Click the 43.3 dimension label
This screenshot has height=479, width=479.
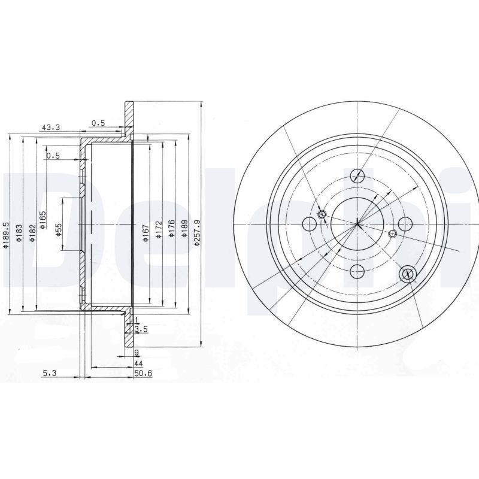50,127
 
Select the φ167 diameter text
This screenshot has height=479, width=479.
145,232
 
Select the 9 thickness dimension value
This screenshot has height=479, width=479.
137,352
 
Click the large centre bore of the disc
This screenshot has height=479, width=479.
357,225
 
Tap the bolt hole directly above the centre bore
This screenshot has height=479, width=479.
357,175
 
